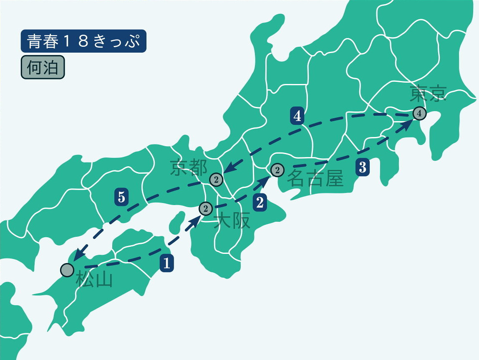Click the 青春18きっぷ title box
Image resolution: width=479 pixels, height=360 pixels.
click(83, 41)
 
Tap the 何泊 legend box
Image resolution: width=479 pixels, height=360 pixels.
click(43, 67)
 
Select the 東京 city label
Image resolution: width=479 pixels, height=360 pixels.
click(428, 94)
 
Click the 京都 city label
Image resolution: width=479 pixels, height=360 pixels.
click(189, 168)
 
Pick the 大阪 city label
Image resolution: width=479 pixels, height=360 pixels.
click(232, 221)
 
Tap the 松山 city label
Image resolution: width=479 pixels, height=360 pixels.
click(94, 280)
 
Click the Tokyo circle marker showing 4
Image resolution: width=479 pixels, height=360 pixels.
click(419, 113)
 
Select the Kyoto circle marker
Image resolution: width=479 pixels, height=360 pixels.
click(216, 180)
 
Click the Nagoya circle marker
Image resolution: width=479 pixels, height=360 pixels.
click(277, 170)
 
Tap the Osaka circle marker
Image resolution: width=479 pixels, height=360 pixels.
click(206, 208)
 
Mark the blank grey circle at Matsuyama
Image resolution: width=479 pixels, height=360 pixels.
click(67, 270)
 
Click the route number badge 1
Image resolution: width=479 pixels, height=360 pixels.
click(166, 264)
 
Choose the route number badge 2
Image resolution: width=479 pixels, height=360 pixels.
click(260, 203)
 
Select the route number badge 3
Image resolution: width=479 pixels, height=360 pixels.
click(362, 167)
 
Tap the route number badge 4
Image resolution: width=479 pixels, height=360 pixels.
click(297, 117)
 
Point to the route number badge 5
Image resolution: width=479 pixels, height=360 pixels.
click(121, 197)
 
